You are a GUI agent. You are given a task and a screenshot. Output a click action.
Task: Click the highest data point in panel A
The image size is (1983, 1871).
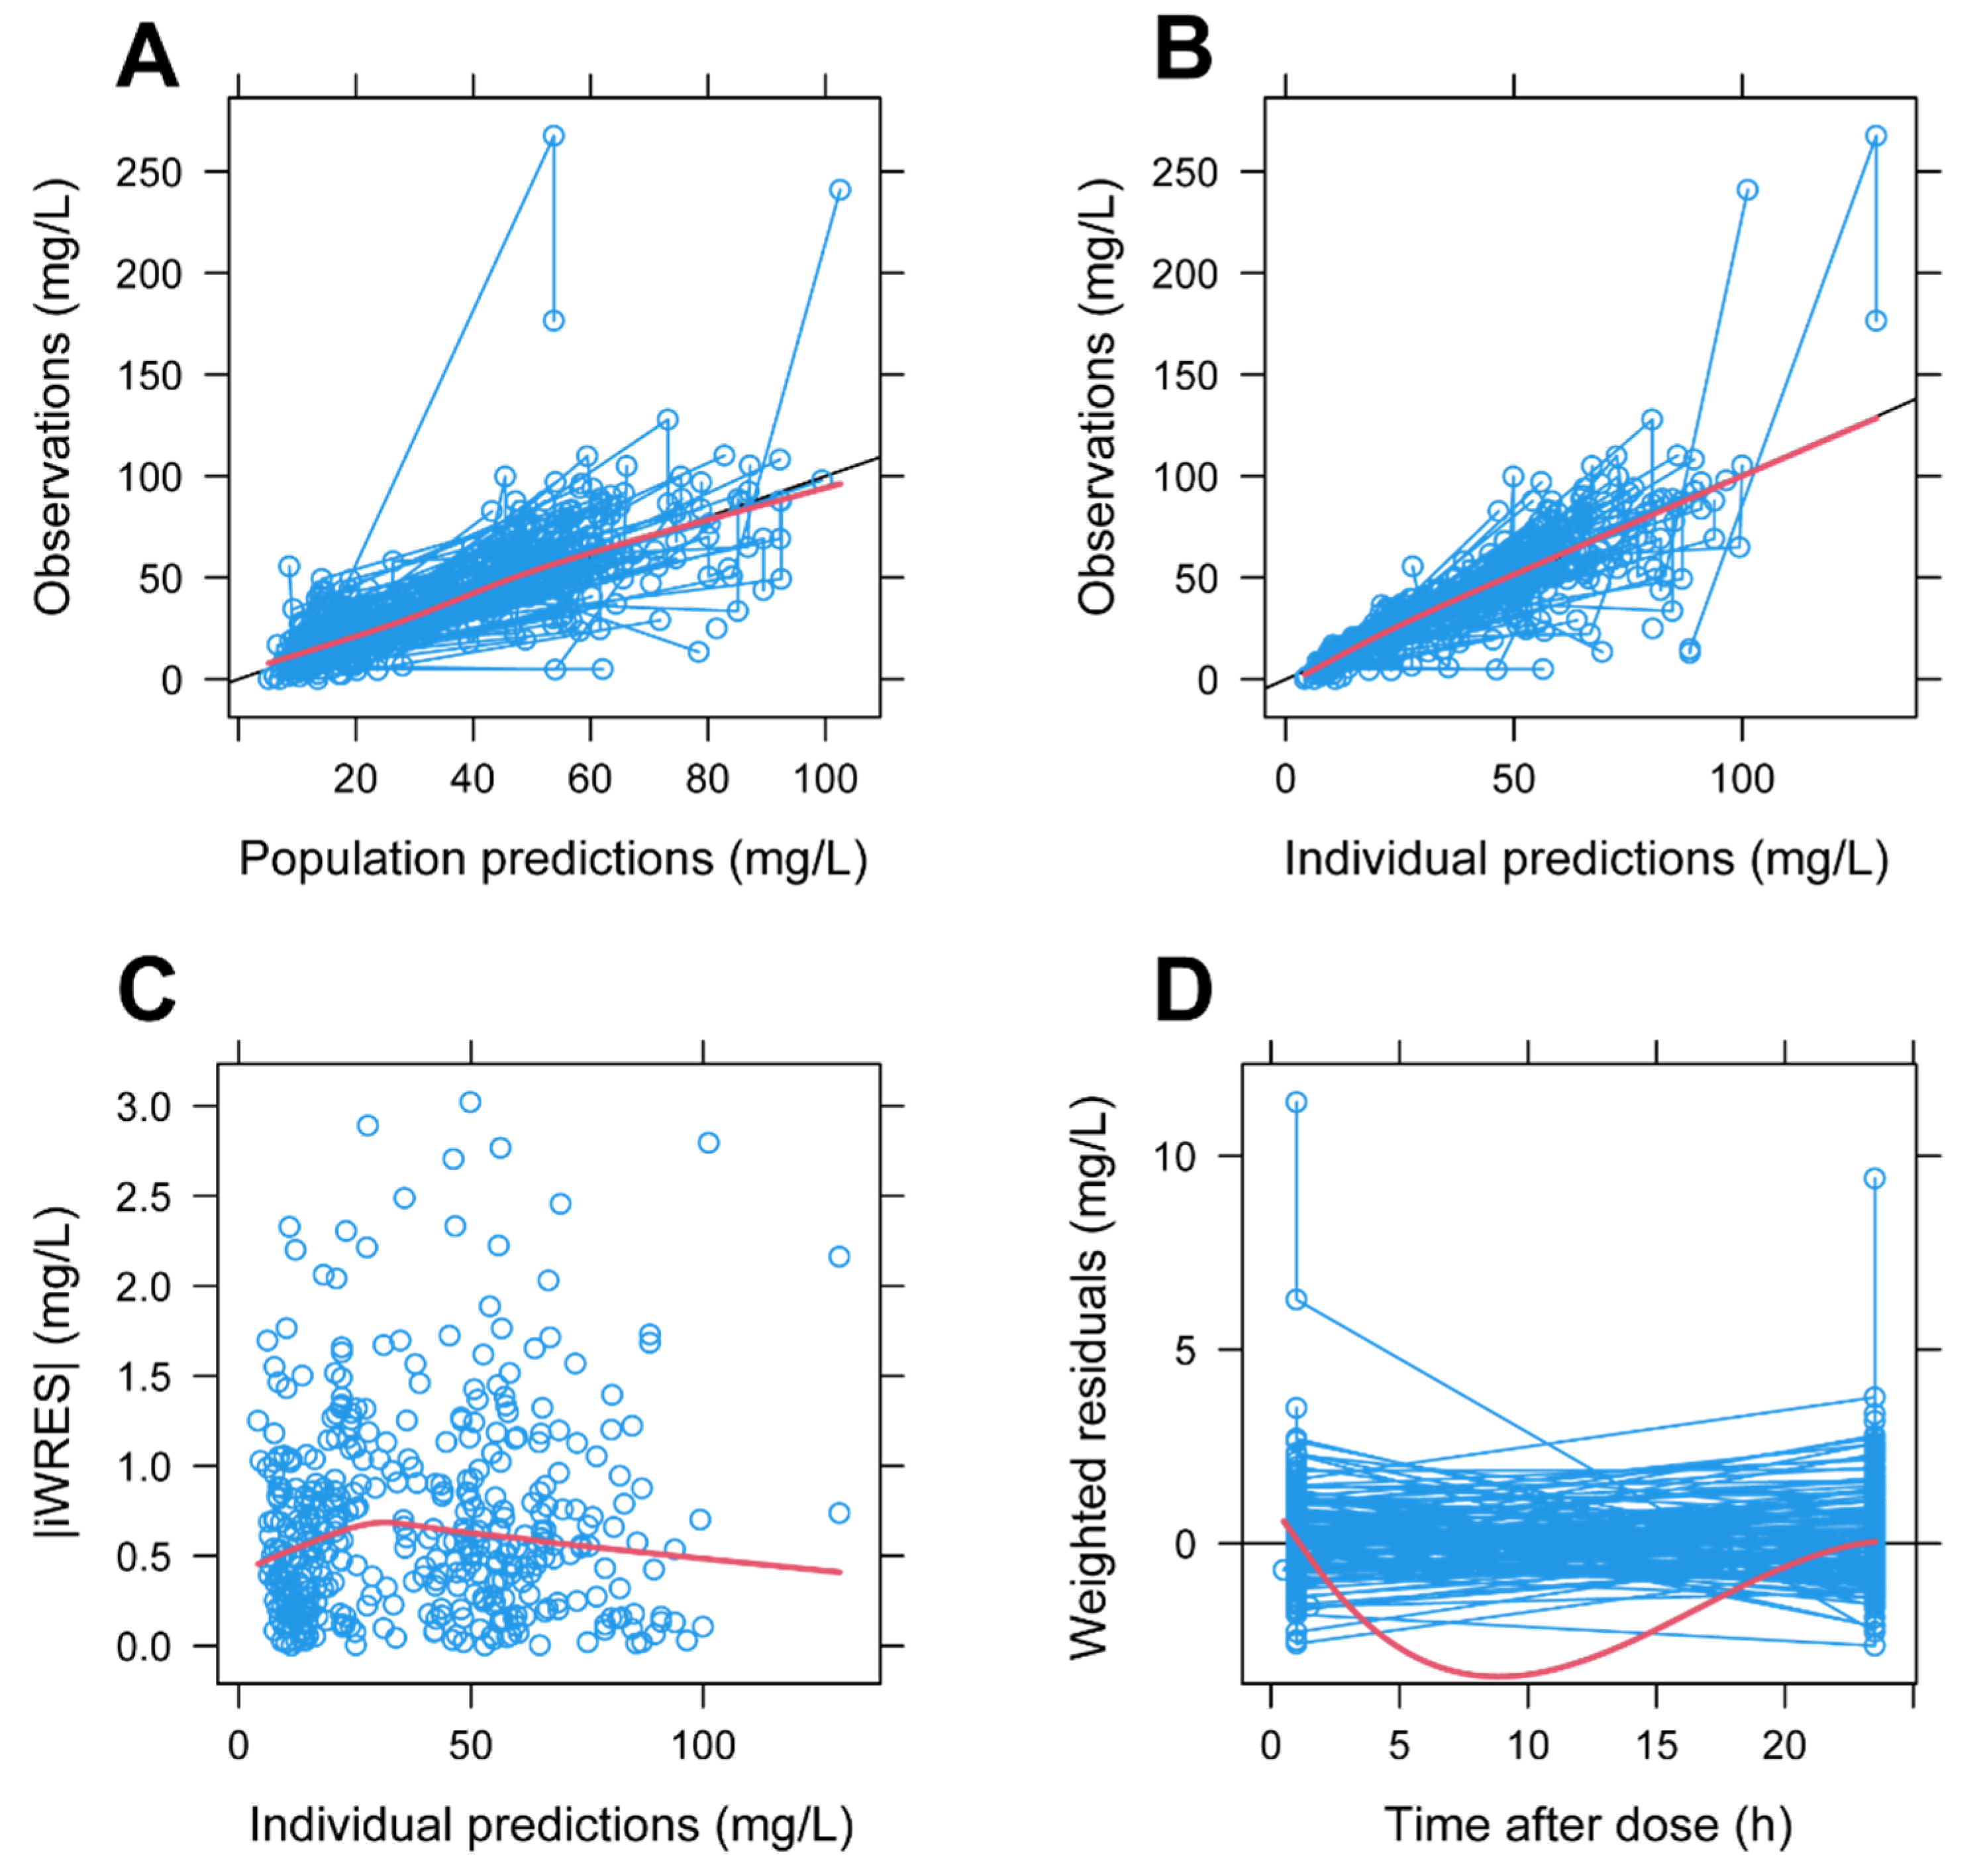coord(554,136)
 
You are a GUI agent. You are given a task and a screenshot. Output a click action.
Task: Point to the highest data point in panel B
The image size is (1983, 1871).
coord(1875,136)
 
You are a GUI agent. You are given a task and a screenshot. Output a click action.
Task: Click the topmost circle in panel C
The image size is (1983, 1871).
coord(470,1102)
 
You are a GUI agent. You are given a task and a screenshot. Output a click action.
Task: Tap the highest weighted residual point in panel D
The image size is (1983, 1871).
coord(1296,1102)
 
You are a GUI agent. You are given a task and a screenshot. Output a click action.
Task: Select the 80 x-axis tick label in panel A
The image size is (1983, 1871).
coord(707,778)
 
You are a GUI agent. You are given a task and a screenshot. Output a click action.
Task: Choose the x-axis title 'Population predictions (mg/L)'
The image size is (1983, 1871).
coord(552,858)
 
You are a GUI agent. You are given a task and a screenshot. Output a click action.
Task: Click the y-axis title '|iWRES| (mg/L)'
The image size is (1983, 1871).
coord(55,1377)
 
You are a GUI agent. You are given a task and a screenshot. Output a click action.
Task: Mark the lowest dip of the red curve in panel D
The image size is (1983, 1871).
coord(1496,1676)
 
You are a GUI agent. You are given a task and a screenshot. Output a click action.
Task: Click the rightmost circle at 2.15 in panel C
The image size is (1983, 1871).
coord(839,1256)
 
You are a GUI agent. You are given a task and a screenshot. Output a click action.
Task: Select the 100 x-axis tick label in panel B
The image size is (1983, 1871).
coord(1742,778)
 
